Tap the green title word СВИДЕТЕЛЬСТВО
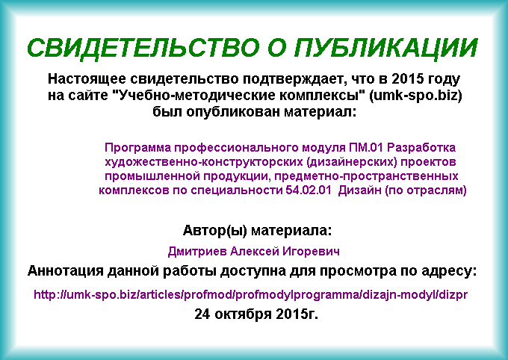(x=143, y=48)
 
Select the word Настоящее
(x=87, y=79)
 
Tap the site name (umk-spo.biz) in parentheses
(x=415, y=96)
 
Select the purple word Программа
(x=137, y=148)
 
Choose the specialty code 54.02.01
(x=309, y=190)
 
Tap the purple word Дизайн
(x=360, y=190)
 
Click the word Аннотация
(x=65, y=271)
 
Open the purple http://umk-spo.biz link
(x=250, y=295)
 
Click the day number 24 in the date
(x=202, y=314)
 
